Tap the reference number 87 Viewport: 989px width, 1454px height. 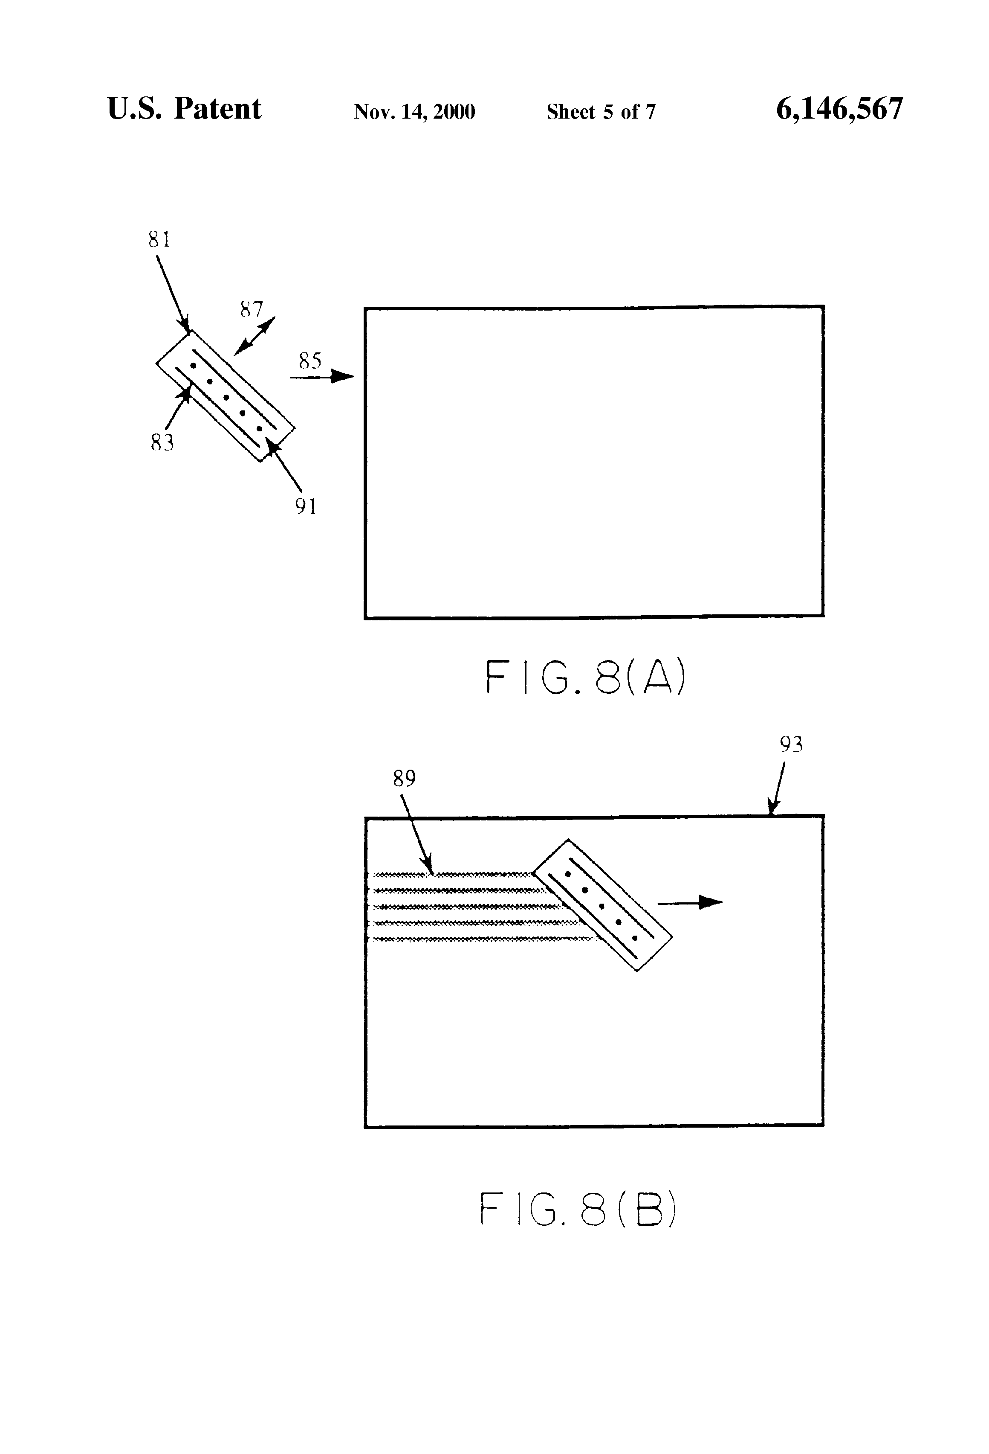coord(252,309)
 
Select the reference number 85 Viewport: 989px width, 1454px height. coord(310,361)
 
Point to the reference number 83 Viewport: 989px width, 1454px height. coord(162,443)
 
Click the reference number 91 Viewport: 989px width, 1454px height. coord(306,506)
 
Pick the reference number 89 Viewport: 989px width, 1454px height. coord(404,778)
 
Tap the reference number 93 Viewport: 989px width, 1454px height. coord(791,744)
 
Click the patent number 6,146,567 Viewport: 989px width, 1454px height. coord(839,109)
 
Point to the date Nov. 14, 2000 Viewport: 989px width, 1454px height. coord(414,112)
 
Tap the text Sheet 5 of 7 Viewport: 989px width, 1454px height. coord(601,112)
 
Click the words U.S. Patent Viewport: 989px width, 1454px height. coord(185,109)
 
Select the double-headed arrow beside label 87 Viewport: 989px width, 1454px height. coord(254,336)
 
